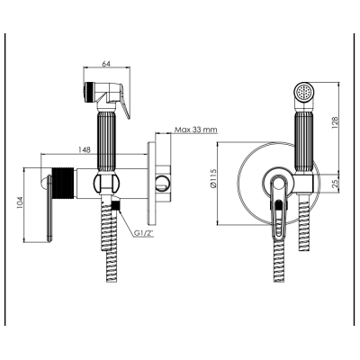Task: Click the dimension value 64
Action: (106, 64)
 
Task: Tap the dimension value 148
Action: (84, 150)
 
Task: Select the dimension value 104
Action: (19, 202)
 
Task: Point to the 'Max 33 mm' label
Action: (196, 130)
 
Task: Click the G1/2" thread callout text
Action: (144, 233)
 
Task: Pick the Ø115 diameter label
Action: (212, 178)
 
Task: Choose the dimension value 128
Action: (335, 121)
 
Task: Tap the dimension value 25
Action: (336, 182)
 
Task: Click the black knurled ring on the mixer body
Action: (63, 184)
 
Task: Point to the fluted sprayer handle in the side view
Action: (105, 141)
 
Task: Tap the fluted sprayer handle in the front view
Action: (303, 141)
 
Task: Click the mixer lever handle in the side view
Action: (48, 209)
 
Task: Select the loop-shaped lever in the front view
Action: (278, 209)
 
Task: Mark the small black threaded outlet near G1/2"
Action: (115, 205)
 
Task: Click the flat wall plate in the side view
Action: (152, 184)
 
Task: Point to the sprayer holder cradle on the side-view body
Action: (106, 183)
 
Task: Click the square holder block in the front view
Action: (303, 184)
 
